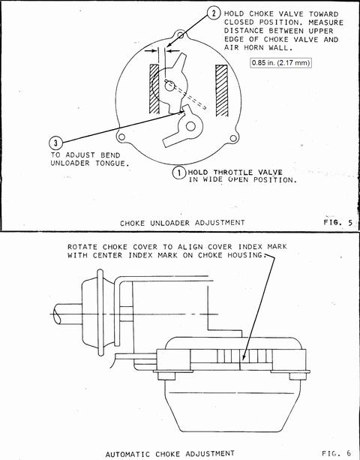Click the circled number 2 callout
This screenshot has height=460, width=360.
click(214, 14)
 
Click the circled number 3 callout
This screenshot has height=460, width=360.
click(55, 143)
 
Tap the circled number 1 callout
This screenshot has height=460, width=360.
click(178, 173)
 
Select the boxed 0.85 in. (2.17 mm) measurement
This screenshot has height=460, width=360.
click(280, 63)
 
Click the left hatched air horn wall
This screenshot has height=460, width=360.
click(154, 89)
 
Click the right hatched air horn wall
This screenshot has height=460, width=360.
click(222, 90)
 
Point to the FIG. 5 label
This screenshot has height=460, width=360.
click(338, 222)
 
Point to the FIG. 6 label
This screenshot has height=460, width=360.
click(337, 453)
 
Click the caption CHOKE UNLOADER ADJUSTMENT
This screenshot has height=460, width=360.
click(182, 223)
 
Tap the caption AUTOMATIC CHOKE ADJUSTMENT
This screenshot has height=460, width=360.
click(170, 454)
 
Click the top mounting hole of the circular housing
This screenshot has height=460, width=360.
click(181, 35)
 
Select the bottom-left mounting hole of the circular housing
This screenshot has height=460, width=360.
click(121, 137)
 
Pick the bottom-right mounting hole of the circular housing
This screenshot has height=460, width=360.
click(233, 138)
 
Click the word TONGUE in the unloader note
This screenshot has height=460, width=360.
click(112, 164)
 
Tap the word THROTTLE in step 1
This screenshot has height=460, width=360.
click(233, 172)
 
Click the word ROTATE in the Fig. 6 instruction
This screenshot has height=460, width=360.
click(82, 247)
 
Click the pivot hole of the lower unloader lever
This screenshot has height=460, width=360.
click(190, 126)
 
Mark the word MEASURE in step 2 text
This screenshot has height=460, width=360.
click(325, 23)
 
